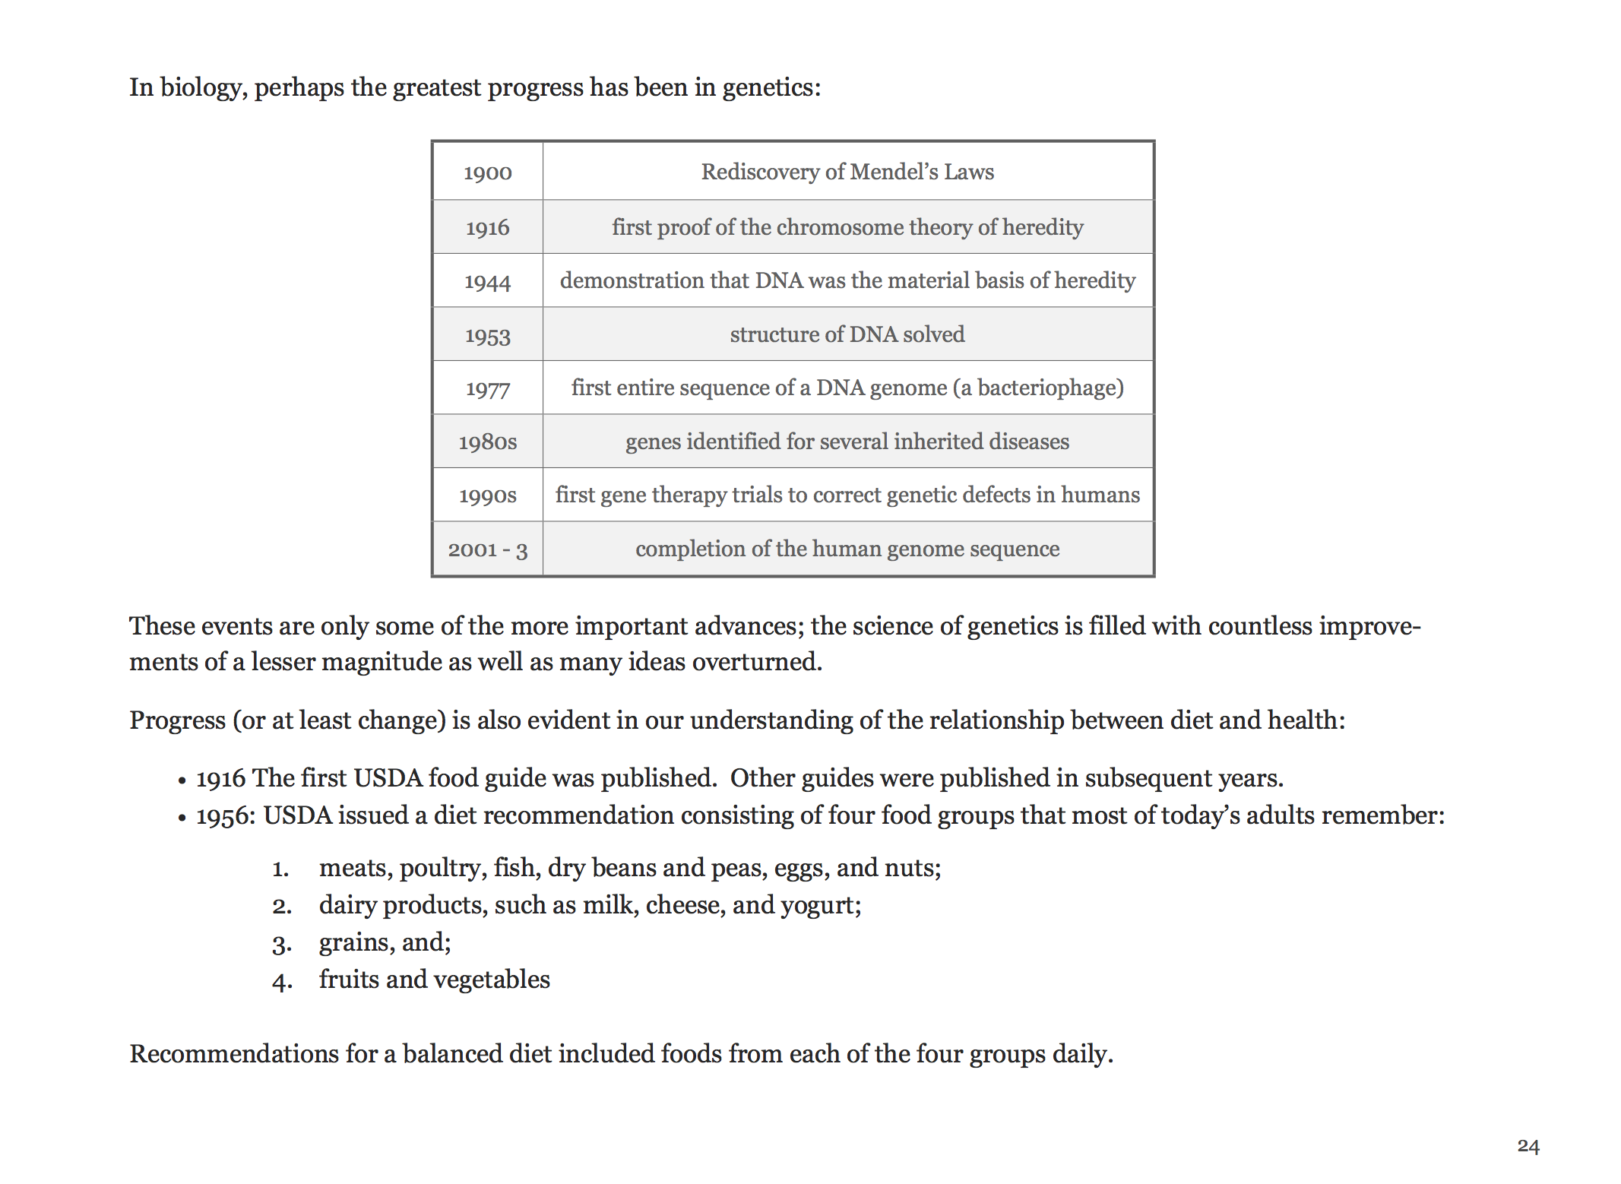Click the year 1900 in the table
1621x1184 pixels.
pyautogui.click(x=487, y=173)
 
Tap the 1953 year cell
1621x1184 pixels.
pyautogui.click(x=487, y=335)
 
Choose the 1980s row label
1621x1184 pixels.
pyautogui.click(x=487, y=442)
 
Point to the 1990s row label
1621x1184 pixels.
pyautogui.click(x=487, y=495)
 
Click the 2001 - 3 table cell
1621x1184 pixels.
pyautogui.click(x=487, y=549)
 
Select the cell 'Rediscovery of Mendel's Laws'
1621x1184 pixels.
pyautogui.click(x=847, y=172)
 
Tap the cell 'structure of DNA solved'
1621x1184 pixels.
pyautogui.click(x=847, y=334)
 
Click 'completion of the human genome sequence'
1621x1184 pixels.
pyautogui.click(x=847, y=549)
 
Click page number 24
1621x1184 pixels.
pyautogui.click(x=1528, y=1146)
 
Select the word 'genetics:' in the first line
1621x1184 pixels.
pyautogui.click(x=771, y=88)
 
